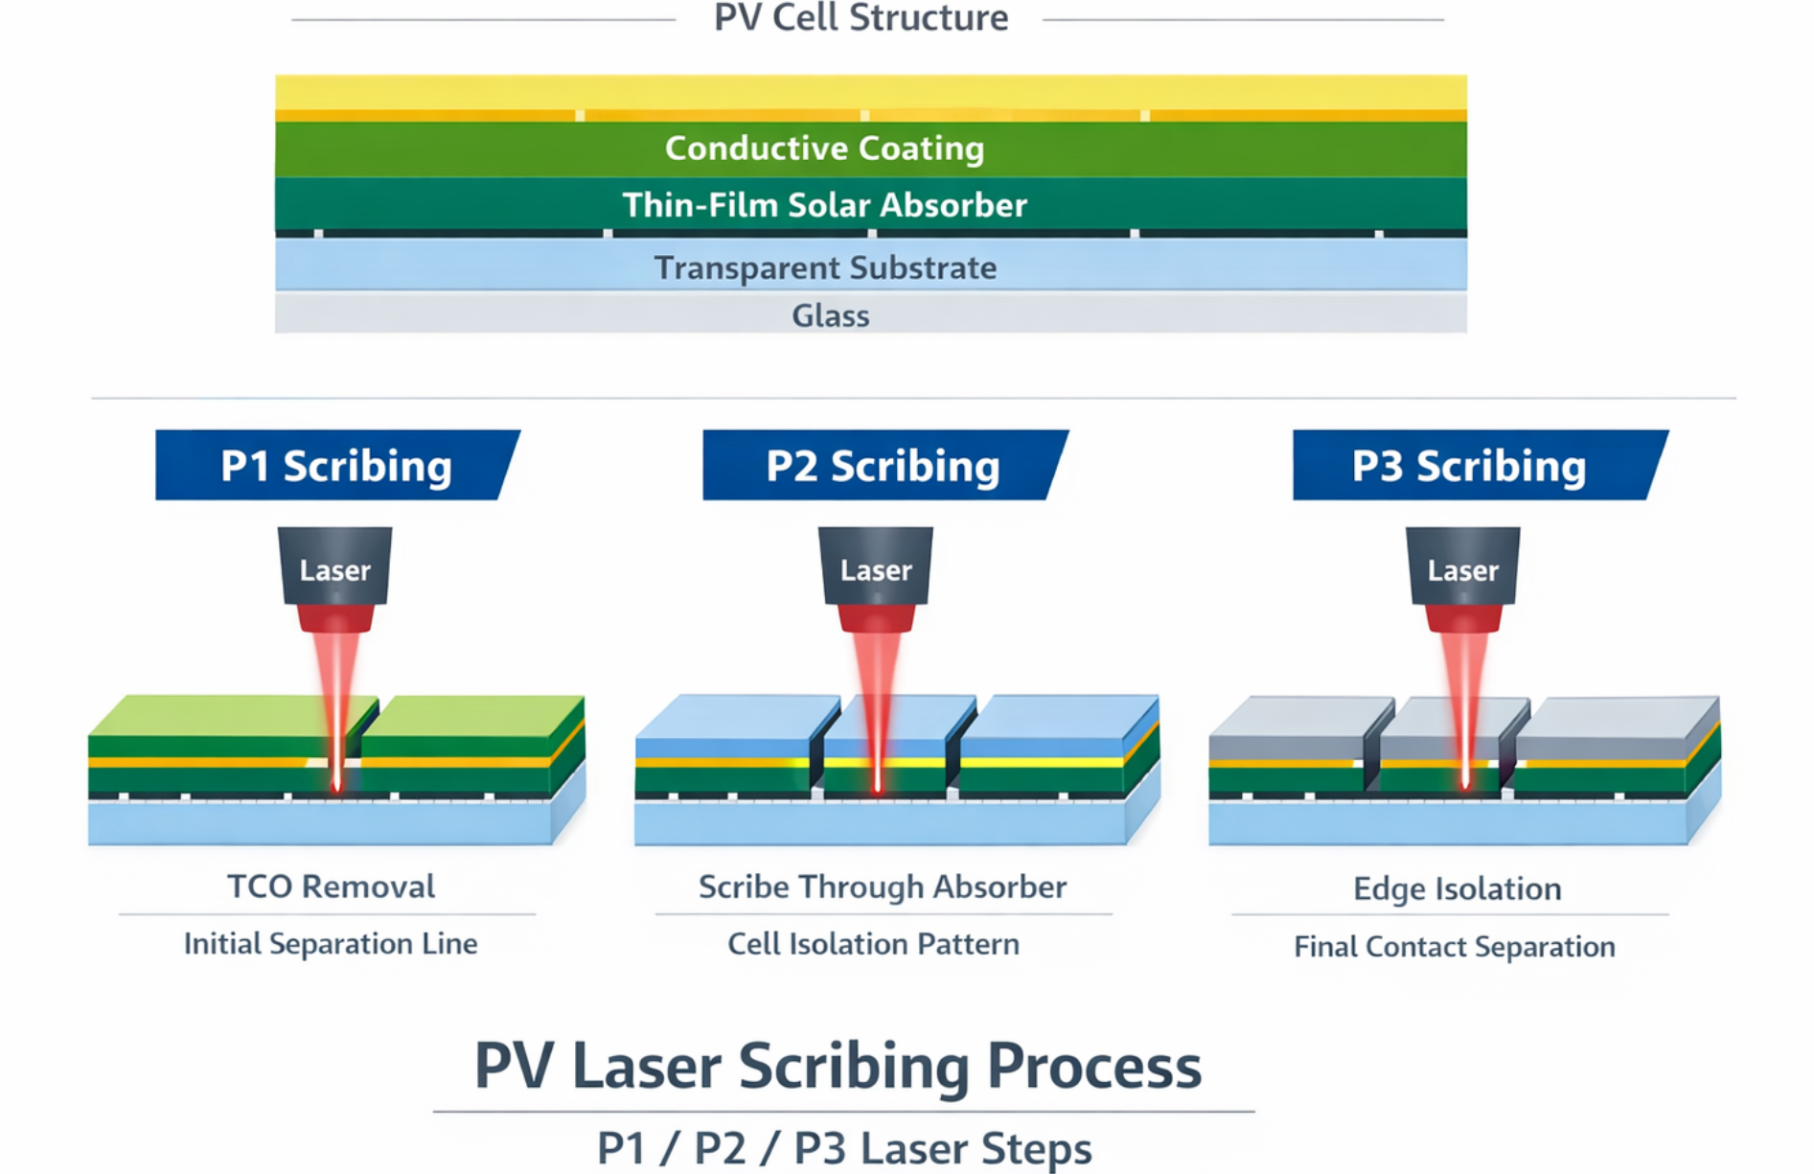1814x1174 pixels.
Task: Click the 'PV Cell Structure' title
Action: point(861,17)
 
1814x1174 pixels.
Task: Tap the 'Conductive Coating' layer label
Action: point(824,149)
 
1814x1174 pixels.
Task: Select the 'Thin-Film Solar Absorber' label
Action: point(824,205)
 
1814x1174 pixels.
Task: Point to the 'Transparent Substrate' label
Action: point(825,267)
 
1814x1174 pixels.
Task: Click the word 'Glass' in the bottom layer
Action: point(830,315)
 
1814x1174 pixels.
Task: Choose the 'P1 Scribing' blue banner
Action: point(335,466)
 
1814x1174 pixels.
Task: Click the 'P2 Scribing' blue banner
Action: point(882,466)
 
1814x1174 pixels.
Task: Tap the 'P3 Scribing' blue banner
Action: point(1468,466)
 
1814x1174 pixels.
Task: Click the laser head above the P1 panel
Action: point(334,570)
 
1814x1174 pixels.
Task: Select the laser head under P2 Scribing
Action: point(876,570)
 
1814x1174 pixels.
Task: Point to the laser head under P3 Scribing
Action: point(1462,570)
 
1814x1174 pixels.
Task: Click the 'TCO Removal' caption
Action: point(331,886)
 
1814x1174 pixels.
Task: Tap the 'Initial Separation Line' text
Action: point(331,944)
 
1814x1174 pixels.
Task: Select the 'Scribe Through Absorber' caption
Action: point(882,887)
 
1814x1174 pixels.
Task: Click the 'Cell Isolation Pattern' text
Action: point(873,945)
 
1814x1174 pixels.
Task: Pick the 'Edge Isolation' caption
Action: point(1457,889)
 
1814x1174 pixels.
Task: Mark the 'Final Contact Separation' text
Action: point(1454,947)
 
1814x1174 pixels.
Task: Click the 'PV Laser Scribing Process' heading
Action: point(838,1067)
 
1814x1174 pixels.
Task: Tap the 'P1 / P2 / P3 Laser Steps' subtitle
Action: point(843,1148)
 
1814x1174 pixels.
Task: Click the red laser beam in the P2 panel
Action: point(876,709)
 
